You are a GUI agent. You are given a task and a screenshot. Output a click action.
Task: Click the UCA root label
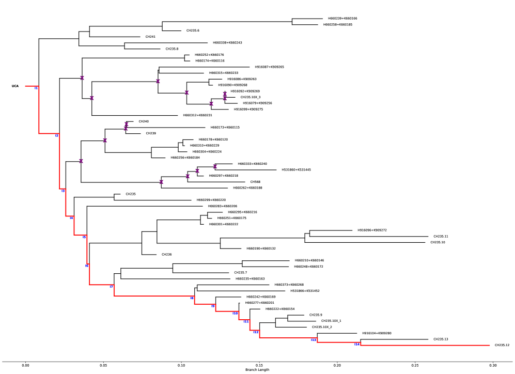tap(15, 86)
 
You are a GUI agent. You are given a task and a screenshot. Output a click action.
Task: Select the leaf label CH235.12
tap(502, 345)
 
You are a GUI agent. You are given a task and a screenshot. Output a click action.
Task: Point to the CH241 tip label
tap(150, 37)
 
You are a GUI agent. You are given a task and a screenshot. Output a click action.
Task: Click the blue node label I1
tap(36, 88)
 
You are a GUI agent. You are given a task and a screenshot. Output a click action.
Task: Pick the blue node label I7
tap(111, 287)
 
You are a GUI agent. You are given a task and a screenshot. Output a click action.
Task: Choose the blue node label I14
tap(356, 344)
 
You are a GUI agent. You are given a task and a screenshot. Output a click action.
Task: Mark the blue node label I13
tap(313, 340)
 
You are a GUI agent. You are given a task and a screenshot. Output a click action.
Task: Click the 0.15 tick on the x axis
tap(259, 365)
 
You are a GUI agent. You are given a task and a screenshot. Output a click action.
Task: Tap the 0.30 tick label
tap(493, 365)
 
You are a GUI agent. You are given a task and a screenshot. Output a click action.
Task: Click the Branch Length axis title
tap(257, 370)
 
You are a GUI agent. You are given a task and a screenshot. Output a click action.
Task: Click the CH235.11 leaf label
tap(441, 236)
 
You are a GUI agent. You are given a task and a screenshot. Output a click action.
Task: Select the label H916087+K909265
tap(269, 67)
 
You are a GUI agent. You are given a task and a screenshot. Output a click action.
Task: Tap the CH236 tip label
tap(166, 254)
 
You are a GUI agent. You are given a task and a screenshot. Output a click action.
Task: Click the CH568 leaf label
tap(255, 182)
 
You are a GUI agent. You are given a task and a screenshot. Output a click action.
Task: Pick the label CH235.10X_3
tap(251, 97)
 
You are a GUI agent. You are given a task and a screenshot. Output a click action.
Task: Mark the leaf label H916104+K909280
tap(377, 333)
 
